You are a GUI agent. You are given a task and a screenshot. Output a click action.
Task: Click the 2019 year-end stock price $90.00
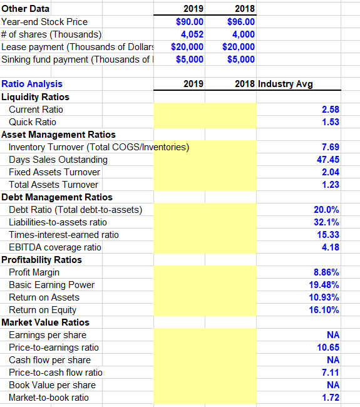[188, 22]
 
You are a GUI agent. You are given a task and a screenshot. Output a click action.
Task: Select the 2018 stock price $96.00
[239, 22]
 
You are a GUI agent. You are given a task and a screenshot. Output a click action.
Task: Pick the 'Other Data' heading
[26, 9]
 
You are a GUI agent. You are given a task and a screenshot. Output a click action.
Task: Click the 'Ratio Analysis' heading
[32, 84]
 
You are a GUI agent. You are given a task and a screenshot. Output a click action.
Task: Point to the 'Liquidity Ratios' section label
[36, 97]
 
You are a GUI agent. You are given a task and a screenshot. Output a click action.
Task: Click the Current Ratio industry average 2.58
[330, 110]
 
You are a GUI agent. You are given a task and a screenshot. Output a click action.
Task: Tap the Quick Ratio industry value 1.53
[330, 122]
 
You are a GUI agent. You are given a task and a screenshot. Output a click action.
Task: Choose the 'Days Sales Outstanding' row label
[58, 160]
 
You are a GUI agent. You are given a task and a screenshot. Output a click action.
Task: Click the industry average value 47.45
[327, 160]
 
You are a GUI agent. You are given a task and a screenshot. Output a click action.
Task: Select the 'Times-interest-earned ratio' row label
[63, 235]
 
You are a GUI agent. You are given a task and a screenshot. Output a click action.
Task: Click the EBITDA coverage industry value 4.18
[330, 247]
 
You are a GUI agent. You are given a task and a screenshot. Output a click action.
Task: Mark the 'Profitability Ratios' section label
[41, 260]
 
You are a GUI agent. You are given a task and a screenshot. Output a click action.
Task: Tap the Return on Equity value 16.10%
[325, 310]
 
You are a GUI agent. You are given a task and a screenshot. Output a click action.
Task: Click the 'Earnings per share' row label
[48, 335]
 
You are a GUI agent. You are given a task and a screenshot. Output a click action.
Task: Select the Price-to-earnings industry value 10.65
[328, 348]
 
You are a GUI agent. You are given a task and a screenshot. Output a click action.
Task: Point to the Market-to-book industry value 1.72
[330, 398]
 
